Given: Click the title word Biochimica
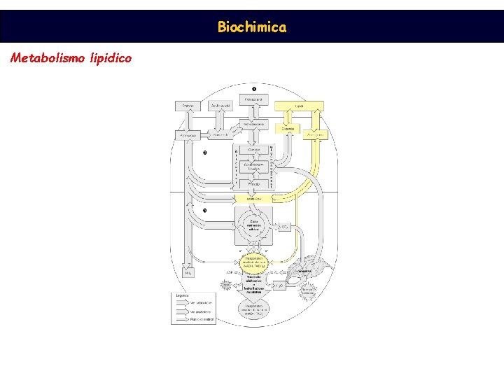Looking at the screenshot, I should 251,27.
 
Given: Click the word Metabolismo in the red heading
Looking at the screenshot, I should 48,58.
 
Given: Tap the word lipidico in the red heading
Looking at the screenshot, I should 111,58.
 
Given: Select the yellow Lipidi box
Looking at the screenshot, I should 299,106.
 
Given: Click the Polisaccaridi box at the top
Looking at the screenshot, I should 253,101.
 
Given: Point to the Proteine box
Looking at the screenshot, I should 188,106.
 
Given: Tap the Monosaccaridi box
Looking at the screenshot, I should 253,124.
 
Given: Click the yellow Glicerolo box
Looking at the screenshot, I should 288,129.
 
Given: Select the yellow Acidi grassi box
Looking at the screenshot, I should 316,134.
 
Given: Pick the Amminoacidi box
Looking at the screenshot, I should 188,134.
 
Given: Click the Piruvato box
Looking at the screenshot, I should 253,183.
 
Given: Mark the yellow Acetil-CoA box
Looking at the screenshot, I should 253,199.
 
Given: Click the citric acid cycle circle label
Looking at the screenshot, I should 253,225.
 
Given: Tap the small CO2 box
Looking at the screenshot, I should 284,227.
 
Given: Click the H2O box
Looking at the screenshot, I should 278,286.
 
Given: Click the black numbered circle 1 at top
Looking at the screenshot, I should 253,89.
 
